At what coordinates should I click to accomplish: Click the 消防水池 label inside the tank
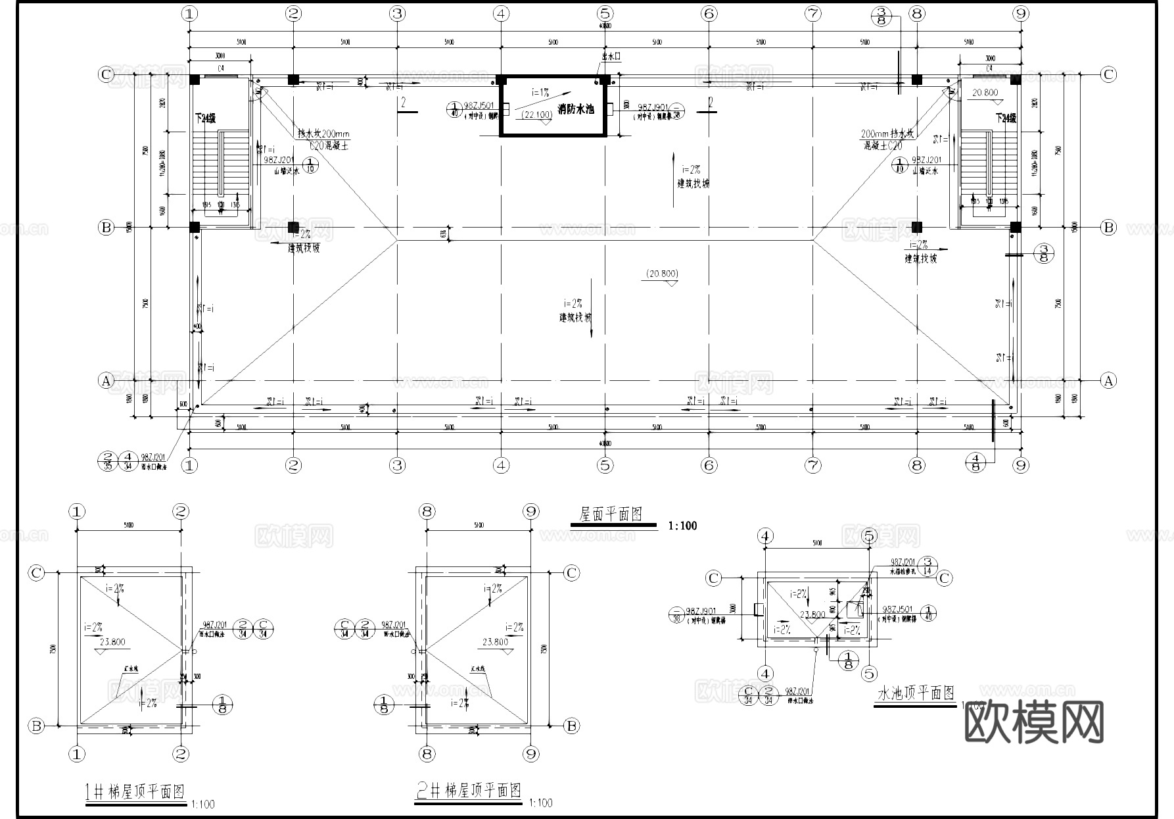(x=576, y=109)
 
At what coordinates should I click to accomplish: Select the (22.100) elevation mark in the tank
(x=536, y=115)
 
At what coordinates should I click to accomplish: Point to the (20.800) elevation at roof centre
(x=662, y=274)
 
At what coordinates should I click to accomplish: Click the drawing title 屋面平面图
(x=610, y=514)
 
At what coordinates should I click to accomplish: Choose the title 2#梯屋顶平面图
(x=469, y=790)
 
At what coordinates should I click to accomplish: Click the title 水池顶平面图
(x=916, y=693)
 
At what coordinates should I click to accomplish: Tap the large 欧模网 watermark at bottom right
(x=1034, y=722)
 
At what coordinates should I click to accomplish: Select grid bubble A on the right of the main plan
(x=1108, y=380)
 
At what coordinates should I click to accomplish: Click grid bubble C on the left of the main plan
(x=106, y=74)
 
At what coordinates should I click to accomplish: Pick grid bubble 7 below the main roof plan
(x=813, y=466)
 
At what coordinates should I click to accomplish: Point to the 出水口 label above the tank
(x=610, y=57)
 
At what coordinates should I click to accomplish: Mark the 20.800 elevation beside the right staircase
(x=985, y=93)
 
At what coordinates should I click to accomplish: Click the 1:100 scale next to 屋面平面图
(x=682, y=526)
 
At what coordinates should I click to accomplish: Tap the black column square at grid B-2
(x=293, y=227)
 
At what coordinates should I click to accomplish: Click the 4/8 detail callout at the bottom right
(x=976, y=462)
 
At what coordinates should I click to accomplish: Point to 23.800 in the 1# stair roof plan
(x=114, y=642)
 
